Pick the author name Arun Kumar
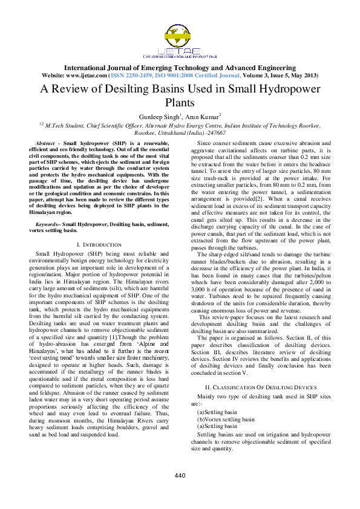click(x=201, y=115)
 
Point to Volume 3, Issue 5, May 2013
click(x=278, y=76)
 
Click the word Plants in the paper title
click(x=180, y=102)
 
